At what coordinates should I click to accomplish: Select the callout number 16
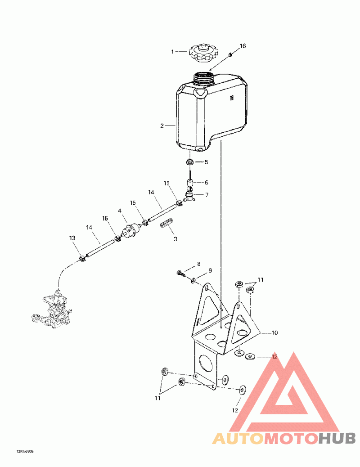(x=243, y=46)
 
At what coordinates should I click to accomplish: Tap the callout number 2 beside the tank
(x=162, y=126)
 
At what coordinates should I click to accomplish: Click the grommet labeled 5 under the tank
(x=190, y=162)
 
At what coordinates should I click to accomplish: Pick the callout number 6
(x=207, y=183)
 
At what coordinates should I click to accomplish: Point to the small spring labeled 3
(x=167, y=224)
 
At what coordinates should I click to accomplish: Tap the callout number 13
(x=72, y=238)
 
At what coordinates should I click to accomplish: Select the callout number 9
(x=209, y=271)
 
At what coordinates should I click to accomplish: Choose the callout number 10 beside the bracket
(x=274, y=333)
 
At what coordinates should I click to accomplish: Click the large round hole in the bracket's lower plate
(x=207, y=362)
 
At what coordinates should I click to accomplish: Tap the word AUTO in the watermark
(x=237, y=438)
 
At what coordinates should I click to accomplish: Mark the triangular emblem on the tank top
(x=200, y=93)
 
